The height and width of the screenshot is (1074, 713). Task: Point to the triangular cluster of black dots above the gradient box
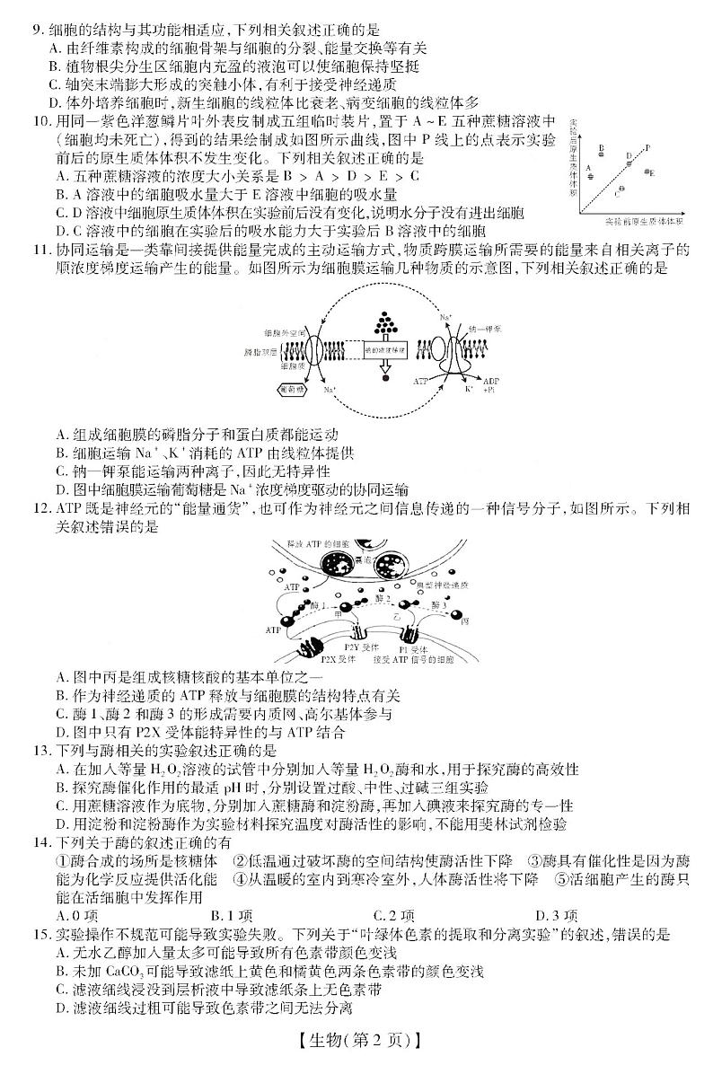385,319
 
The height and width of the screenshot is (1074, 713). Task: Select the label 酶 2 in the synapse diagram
383,597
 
